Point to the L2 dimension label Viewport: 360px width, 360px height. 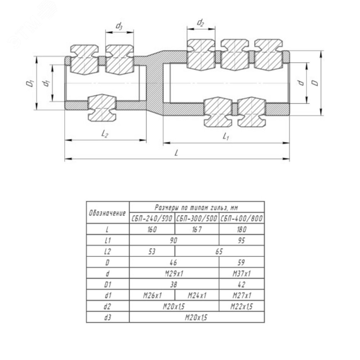click(105, 134)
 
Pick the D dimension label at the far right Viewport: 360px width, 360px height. click(315, 82)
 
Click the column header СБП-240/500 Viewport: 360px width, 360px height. click(152, 219)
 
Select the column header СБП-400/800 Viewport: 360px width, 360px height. click(242, 219)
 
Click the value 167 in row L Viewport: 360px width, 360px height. click(197, 230)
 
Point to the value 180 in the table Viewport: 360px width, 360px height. click(242, 230)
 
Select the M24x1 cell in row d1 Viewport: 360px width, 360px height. click(197, 296)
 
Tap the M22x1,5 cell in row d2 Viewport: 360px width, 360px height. click(242, 306)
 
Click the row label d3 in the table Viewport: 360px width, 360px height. click(108, 317)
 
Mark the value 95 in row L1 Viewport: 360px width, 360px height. click(242, 241)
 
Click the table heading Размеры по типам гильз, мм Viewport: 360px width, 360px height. click(197, 207)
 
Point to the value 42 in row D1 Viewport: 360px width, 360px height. click(242, 285)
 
